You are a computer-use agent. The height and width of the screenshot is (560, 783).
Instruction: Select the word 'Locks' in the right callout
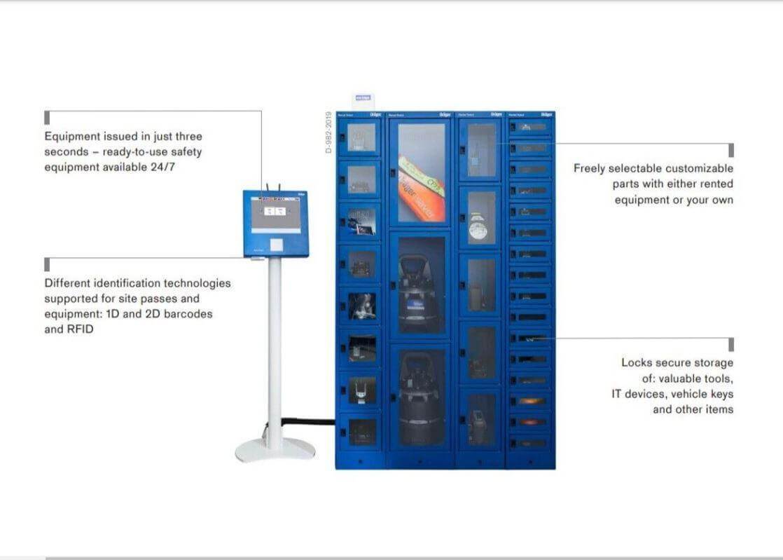tap(637, 363)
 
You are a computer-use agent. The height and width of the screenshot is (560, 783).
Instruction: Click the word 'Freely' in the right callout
tap(590, 168)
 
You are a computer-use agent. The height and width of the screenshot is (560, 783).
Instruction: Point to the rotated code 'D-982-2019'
tap(328, 132)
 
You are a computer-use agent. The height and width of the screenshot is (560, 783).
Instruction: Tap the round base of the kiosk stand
tap(275, 449)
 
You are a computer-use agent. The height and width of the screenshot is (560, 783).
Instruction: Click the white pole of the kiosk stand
tap(275, 350)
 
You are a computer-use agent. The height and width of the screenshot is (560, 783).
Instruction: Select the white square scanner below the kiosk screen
tap(277, 245)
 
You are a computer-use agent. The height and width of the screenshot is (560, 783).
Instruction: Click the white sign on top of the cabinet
tap(362, 101)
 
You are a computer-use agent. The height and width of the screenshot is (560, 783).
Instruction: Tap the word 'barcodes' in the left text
tap(188, 314)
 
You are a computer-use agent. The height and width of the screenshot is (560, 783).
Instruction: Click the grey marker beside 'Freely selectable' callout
tap(730, 150)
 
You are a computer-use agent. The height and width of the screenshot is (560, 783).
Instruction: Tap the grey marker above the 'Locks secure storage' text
tap(730, 344)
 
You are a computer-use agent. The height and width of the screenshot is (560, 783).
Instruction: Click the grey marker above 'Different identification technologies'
tap(48, 264)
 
